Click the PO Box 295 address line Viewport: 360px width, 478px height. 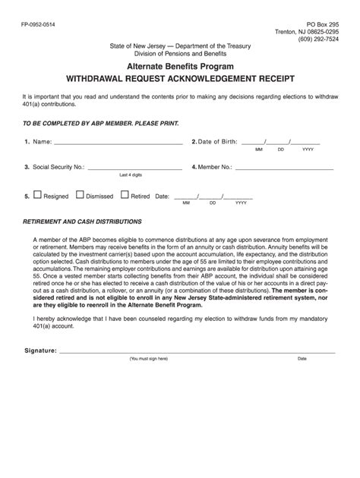tap(320, 24)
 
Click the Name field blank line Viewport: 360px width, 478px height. tap(118, 143)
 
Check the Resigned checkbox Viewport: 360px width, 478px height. tap(38, 195)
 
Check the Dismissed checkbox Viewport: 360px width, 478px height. tap(80, 195)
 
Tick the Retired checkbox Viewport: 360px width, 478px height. tap(125, 195)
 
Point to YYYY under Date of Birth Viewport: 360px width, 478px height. tap(308, 150)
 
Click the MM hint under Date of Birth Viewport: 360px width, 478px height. tap(259, 150)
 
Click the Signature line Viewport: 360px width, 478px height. tap(197, 352)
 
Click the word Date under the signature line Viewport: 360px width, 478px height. tap(302, 359)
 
